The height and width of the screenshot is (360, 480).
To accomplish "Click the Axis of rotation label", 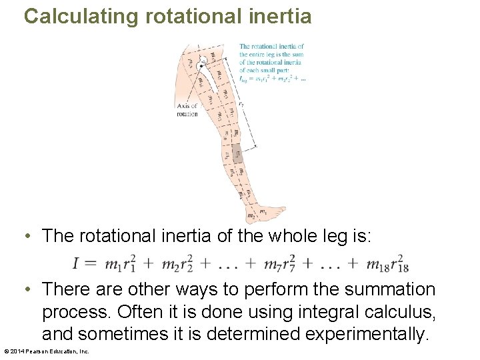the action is pos(187,109).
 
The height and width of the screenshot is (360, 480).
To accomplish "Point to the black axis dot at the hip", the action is pos(201,65).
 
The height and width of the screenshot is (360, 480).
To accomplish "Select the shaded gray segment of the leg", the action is pos(237,153).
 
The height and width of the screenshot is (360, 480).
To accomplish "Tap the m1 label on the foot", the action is pos(263,212).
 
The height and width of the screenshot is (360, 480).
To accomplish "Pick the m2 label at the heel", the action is pos(251,216).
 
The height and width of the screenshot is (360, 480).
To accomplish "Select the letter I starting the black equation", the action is pos(77,264).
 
